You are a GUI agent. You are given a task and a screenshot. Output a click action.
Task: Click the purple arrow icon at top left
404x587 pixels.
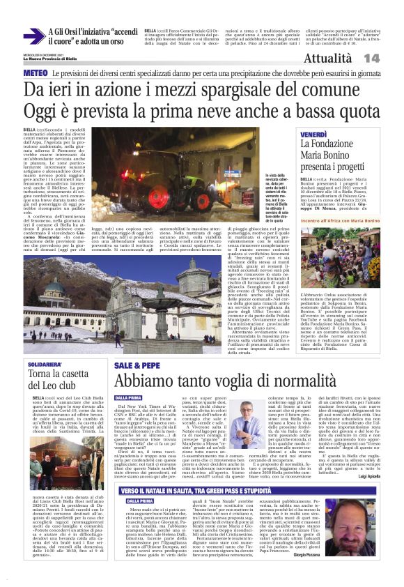tap(33, 36)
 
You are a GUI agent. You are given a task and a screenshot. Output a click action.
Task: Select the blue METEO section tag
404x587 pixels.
tap(36, 73)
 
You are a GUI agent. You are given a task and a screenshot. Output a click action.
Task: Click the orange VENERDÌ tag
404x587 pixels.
tap(313, 134)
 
